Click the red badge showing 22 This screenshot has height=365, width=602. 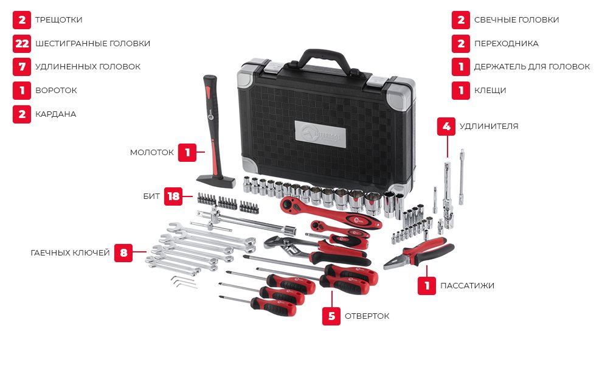click(22, 43)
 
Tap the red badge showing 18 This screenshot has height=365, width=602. click(173, 196)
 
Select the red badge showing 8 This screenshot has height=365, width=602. click(123, 252)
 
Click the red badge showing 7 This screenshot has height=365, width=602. click(22, 67)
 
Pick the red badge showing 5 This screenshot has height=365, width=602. click(331, 316)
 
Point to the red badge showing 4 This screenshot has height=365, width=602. click(446, 126)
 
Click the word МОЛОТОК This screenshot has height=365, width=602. click(151, 153)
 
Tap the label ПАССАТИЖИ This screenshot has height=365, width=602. click(467, 285)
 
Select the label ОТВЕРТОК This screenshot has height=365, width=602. click(367, 316)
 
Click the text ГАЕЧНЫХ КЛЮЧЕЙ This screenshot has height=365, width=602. click(71, 252)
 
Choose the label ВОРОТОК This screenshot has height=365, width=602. click(56, 90)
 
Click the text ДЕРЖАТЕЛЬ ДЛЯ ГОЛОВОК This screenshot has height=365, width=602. click(531, 67)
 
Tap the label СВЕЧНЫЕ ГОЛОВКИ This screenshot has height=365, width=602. click(516, 20)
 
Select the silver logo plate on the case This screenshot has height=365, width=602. click(320, 134)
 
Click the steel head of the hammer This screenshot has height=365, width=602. click(216, 181)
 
